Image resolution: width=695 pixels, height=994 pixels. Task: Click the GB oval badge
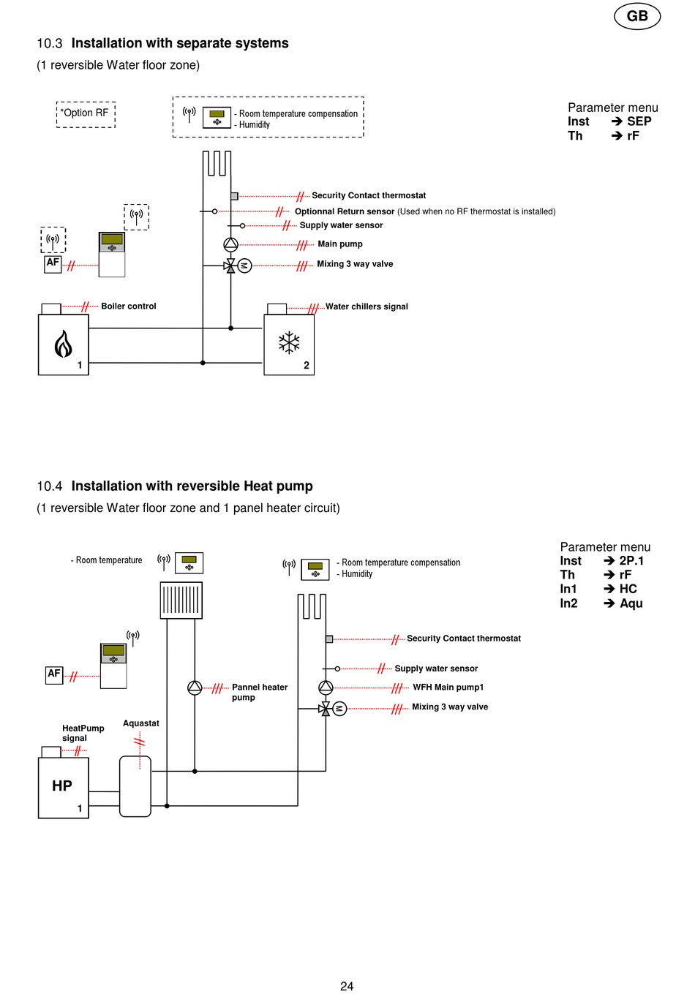click(637, 16)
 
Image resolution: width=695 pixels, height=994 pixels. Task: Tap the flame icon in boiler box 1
click(63, 344)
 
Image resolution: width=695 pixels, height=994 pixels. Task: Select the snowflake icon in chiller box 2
click(289, 342)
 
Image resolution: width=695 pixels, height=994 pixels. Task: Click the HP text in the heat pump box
click(61, 786)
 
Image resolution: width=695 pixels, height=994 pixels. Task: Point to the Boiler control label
click(129, 306)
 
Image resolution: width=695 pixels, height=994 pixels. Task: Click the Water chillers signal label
click(367, 306)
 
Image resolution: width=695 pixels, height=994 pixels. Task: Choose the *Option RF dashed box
click(86, 115)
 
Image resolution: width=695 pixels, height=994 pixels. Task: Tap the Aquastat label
click(140, 723)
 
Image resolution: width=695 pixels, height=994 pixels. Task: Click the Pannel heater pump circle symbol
click(195, 688)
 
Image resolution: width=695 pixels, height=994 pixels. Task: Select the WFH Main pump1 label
click(448, 688)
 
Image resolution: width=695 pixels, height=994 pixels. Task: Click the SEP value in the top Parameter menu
click(639, 121)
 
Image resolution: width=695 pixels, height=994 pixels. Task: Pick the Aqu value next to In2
click(631, 603)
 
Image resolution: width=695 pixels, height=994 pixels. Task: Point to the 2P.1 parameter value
click(631, 561)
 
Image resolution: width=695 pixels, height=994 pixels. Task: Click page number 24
click(347, 986)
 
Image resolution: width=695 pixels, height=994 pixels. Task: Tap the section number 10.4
click(50, 486)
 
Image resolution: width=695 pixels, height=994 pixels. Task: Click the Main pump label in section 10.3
click(340, 244)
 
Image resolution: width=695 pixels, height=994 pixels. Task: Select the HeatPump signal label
click(83, 733)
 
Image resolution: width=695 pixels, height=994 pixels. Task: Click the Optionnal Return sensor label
click(345, 211)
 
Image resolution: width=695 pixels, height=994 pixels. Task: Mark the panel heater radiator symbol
click(181, 600)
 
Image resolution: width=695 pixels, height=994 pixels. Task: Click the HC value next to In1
click(628, 589)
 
